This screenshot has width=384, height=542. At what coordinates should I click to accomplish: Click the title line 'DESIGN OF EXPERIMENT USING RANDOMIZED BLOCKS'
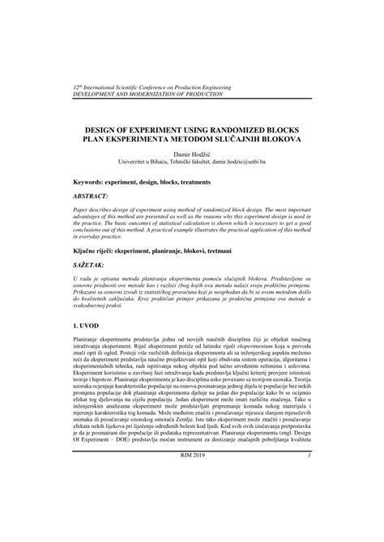[192, 127]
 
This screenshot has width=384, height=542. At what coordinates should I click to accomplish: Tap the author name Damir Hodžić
[192, 152]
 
